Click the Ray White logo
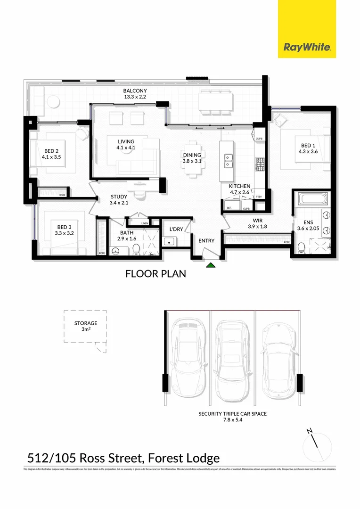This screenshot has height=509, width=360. coord(307,47)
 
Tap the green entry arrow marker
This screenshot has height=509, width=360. coord(211,266)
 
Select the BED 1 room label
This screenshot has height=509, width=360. coord(306,148)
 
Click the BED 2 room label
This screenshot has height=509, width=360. coord(50,154)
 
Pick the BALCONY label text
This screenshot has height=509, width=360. coord(135,94)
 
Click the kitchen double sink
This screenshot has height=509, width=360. coord(229,161)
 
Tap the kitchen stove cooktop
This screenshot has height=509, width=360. coord(260,164)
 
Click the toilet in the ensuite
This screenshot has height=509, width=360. coord(301,247)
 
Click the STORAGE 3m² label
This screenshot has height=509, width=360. coord(85,326)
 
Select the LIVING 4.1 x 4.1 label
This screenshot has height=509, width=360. coord(126,145)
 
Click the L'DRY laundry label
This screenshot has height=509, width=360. coord(176,230)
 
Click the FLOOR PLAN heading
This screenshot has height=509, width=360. coord(155,273)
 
